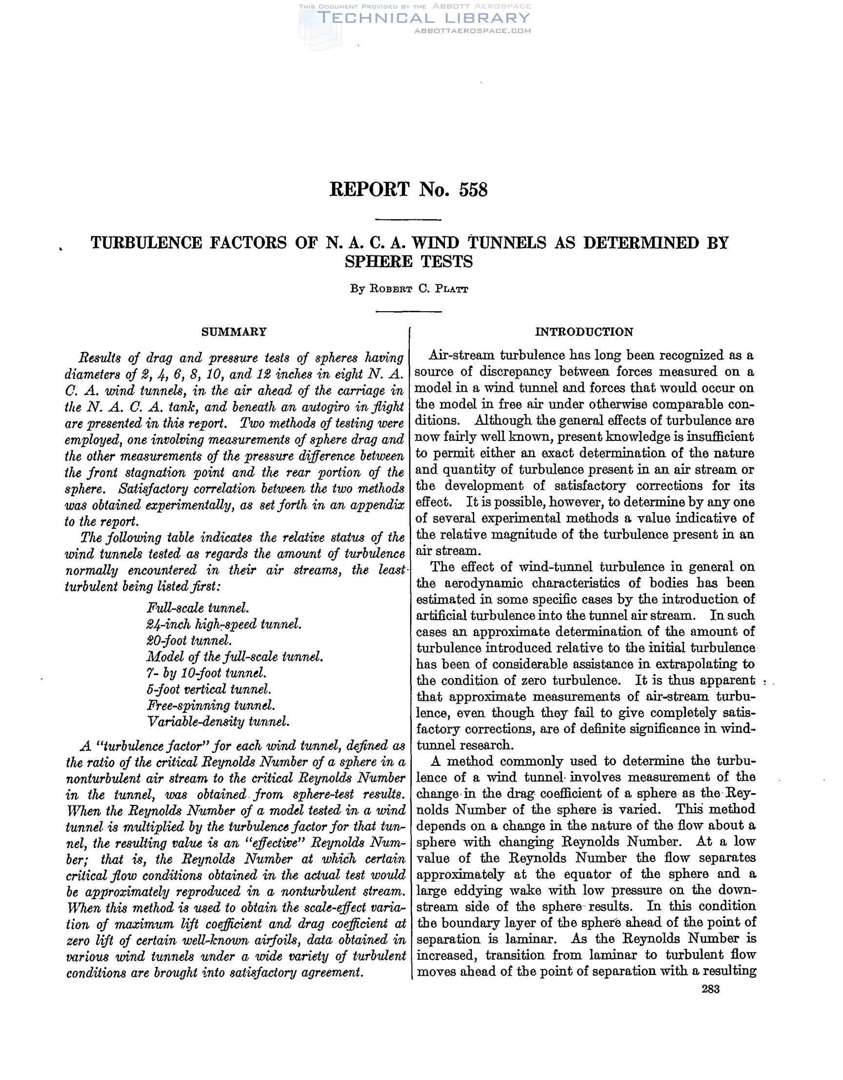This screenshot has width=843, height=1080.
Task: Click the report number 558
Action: [473, 190]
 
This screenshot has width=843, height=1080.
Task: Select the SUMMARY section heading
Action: [234, 332]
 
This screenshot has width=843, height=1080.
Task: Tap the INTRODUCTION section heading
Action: [584, 332]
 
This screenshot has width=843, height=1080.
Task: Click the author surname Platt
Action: [451, 289]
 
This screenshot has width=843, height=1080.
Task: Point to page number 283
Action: [710, 989]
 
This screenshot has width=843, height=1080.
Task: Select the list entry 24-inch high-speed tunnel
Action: [224, 624]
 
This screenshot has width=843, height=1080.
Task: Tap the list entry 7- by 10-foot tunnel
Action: [207, 673]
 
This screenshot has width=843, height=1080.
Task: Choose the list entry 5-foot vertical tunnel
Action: [209, 689]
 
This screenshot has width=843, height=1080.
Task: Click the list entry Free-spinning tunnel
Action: [211, 705]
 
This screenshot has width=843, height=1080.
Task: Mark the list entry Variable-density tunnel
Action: [218, 721]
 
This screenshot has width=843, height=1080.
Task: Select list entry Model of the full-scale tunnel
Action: [235, 657]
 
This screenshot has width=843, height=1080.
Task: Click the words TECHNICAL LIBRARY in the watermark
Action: [424, 19]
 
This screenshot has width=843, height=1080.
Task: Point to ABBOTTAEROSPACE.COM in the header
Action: [472, 31]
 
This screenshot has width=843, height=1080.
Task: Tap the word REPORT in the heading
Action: [369, 190]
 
